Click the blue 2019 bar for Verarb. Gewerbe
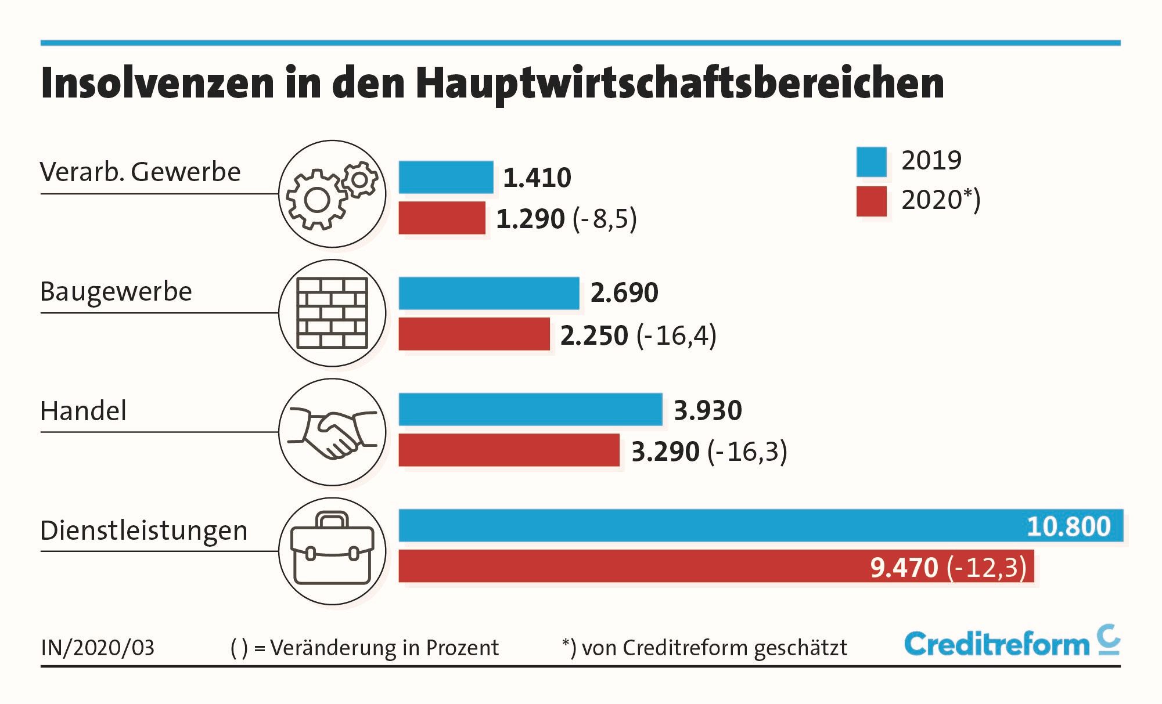pyautogui.click(x=445, y=177)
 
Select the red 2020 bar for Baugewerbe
pyautogui.click(x=474, y=334)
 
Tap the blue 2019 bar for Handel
pyautogui.click(x=530, y=409)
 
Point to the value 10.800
pyautogui.click(x=1069, y=526)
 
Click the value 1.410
pyautogui.click(x=537, y=178)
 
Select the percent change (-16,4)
pyautogui.click(x=677, y=335)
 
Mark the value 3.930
pyautogui.click(x=708, y=410)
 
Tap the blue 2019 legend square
pyautogui.click(x=871, y=162)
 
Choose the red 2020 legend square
pyautogui.click(x=871, y=201)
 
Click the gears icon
pyautogui.click(x=332, y=194)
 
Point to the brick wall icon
pyautogui.click(x=332, y=313)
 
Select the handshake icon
pyautogui.click(x=332, y=432)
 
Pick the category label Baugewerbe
pyautogui.click(x=116, y=291)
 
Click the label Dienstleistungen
pyautogui.click(x=144, y=530)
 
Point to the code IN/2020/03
pyautogui.click(x=98, y=648)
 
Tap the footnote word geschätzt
pyautogui.click(x=800, y=648)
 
